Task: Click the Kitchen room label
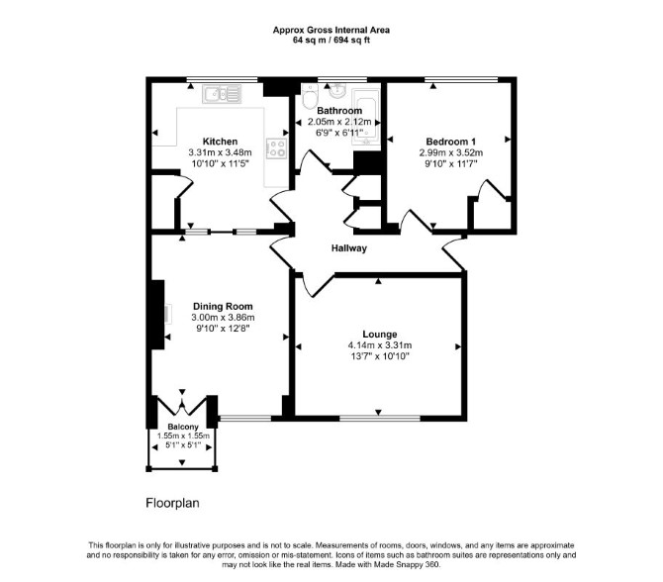click(220, 142)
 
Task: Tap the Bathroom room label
click(339, 111)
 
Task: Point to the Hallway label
click(349, 248)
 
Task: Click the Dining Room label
click(223, 306)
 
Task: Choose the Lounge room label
click(380, 335)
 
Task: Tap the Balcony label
click(183, 427)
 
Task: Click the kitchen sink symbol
click(222, 94)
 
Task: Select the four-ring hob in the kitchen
click(277, 148)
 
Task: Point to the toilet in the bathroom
click(310, 96)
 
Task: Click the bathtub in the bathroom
click(366, 117)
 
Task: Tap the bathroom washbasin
click(337, 89)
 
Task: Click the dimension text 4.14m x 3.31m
click(380, 345)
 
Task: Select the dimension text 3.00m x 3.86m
click(223, 317)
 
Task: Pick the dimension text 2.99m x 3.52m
click(450, 152)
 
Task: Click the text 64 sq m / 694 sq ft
click(331, 41)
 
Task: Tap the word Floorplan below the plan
click(172, 503)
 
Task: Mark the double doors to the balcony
click(182, 405)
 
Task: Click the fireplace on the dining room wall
click(157, 315)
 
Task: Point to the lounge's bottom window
click(380, 419)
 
